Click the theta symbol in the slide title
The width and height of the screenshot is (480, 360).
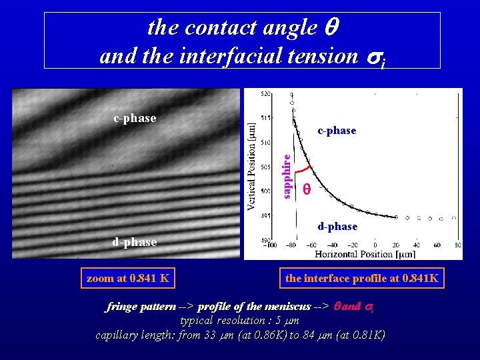tap(333, 28)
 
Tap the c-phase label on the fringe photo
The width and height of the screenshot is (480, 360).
tap(135, 118)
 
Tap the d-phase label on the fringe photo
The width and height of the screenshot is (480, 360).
tap(135, 242)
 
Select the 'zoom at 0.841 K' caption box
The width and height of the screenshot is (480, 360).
tap(128, 278)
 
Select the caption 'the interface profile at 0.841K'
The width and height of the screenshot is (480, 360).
tap(362, 278)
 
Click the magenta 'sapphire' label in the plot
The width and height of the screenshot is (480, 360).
tap(286, 176)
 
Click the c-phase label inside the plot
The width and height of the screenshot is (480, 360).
tap(337, 131)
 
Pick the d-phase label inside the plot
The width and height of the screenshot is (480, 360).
tap(337, 227)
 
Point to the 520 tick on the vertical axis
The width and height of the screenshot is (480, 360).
tap(265, 94)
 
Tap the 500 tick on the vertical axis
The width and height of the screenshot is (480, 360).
tap(265, 191)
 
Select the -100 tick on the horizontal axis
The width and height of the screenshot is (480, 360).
tap(270, 245)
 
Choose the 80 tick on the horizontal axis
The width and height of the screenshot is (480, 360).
tap(457, 245)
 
